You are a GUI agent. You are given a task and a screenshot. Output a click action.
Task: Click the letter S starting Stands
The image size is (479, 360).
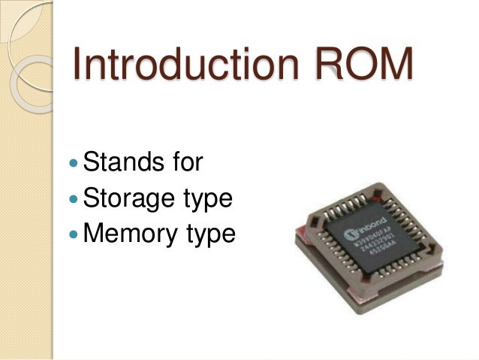(x=92, y=162)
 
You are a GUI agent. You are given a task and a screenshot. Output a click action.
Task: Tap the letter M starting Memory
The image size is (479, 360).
(x=94, y=234)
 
